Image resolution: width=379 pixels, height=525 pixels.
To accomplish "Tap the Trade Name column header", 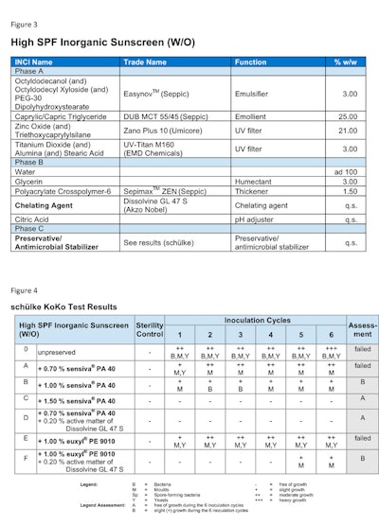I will tap(145, 62).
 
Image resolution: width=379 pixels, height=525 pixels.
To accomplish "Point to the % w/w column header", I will tap(343, 62).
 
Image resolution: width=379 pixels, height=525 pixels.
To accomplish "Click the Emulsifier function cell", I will tap(254, 94).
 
